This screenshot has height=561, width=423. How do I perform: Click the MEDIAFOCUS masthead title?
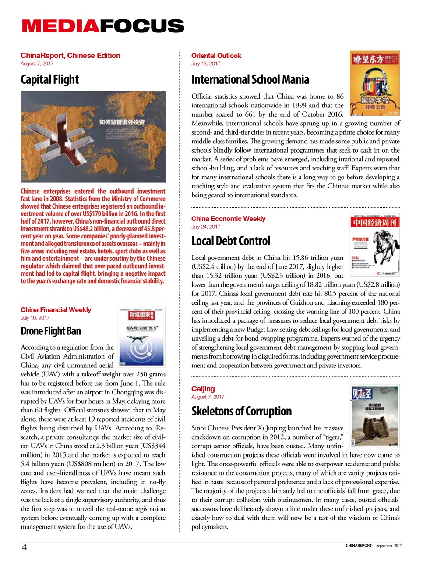tap(103, 26)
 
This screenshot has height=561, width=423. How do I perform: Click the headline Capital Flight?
tap(49, 80)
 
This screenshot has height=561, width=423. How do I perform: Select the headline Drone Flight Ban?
tap(51, 331)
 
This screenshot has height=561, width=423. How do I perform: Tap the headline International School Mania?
tap(250, 80)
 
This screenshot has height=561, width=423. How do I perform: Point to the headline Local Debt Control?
tap(231, 241)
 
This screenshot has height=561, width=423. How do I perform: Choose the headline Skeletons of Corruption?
tap(241, 411)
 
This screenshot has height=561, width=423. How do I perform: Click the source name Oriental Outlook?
tap(216, 56)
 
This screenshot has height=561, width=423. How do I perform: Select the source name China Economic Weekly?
tap(228, 219)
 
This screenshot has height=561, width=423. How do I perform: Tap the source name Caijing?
tap(203, 389)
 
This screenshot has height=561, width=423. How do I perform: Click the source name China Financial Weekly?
tap(56, 310)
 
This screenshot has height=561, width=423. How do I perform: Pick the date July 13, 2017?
tap(206, 64)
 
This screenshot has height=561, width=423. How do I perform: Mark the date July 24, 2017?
tap(206, 227)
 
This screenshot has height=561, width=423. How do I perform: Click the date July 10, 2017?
tap(35, 318)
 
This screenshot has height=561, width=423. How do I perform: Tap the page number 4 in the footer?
tap(25, 547)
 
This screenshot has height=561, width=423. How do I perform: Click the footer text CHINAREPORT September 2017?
tap(374, 546)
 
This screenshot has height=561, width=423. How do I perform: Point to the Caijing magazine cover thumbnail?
tap(375, 415)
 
